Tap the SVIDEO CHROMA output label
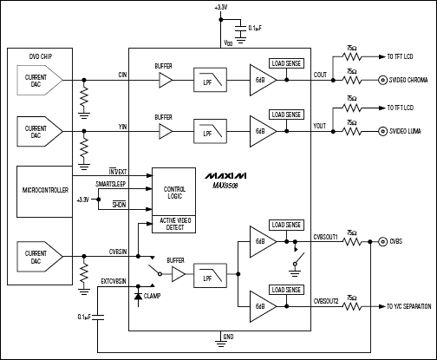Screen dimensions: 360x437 [x=407, y=83]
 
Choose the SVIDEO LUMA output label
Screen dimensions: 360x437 [x=404, y=131]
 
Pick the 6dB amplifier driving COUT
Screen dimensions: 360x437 [x=262, y=79]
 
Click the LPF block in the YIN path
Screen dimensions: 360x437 [x=209, y=130]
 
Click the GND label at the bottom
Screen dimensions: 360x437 [x=227, y=336]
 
